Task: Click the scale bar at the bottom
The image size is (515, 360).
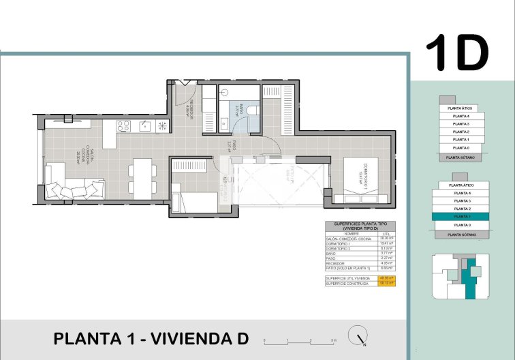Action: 300,340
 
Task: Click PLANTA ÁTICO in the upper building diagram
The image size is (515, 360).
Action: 458,108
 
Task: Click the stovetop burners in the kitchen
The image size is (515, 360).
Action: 123,125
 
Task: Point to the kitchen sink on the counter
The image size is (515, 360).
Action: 145,125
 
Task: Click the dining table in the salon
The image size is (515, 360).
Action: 142,177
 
